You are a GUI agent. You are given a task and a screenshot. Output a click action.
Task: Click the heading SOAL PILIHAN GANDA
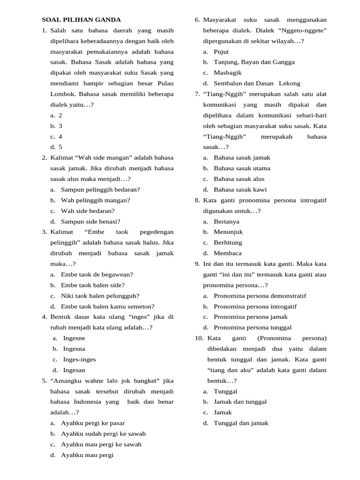pyautogui.click(x=81, y=20)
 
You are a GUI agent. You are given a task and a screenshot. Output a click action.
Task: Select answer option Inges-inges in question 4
pyautogui.click(x=79, y=360)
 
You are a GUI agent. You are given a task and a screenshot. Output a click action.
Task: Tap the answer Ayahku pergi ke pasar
pyautogui.click(x=93, y=423)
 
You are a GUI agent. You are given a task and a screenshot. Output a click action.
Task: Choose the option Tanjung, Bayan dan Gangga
pyautogui.click(x=254, y=62)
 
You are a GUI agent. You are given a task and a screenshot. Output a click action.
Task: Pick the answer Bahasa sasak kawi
pyautogui.click(x=240, y=189)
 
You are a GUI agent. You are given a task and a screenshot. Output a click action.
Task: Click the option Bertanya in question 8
pyautogui.click(x=226, y=221)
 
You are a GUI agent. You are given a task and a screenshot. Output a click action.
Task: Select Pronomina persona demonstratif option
pyautogui.click(x=260, y=296)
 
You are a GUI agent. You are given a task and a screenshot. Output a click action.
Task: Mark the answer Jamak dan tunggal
pyautogui.click(x=240, y=402)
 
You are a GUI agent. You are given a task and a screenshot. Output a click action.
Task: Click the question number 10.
pyautogui.click(x=198, y=338)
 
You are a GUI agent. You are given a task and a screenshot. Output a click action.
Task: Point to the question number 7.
pyautogui.click(x=197, y=94)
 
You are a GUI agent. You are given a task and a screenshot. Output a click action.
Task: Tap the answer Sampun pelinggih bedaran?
pyautogui.click(x=100, y=189)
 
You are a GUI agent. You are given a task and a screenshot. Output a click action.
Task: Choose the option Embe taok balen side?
pyautogui.click(x=93, y=285)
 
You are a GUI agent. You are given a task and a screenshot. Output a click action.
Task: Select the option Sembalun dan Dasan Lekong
pyautogui.click(x=257, y=83)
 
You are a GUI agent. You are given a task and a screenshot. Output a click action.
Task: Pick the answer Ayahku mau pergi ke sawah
pyautogui.click(x=101, y=444)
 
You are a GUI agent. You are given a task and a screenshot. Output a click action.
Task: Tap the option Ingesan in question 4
pyautogui.click(x=74, y=370)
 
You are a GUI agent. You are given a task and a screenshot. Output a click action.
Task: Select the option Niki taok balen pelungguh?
pyautogui.click(x=100, y=296)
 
